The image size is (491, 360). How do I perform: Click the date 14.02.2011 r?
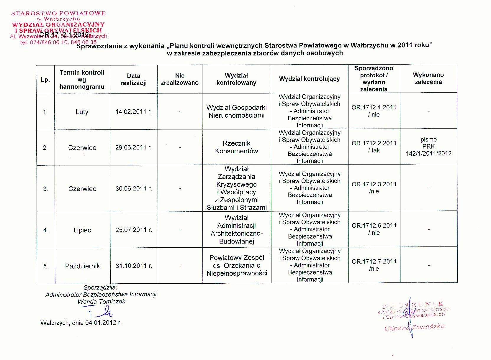pyautogui.click(x=134, y=112)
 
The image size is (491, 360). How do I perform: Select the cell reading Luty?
pyautogui.click(x=82, y=112)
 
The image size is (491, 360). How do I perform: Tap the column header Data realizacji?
pyautogui.click(x=134, y=79)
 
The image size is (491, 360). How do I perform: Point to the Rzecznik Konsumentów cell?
pyautogui.click(x=237, y=147)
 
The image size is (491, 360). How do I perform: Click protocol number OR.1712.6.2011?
pyautogui.click(x=374, y=226)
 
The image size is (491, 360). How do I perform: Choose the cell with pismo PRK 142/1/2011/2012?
pyautogui.click(x=428, y=146)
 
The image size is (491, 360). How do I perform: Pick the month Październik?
pyautogui.click(x=82, y=266)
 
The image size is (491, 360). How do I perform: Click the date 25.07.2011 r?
pyautogui.click(x=134, y=230)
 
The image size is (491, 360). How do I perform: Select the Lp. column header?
pyautogui.click(x=45, y=80)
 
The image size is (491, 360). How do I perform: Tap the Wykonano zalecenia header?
pyautogui.click(x=428, y=78)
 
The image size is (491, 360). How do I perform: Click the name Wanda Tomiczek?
pyautogui.click(x=101, y=302)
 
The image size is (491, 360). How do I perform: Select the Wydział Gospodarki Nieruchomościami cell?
pyautogui.click(x=237, y=111)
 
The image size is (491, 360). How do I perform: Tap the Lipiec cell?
pyautogui.click(x=82, y=230)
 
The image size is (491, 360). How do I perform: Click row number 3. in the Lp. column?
pyautogui.click(x=45, y=189)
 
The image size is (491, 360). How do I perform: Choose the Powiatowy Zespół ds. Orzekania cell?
pyautogui.click(x=237, y=265)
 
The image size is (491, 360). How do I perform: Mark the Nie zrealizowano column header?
pyautogui.click(x=180, y=79)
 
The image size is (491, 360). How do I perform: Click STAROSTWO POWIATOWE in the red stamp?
pyautogui.click(x=58, y=13)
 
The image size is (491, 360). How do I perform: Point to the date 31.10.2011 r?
pyautogui.click(x=134, y=266)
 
